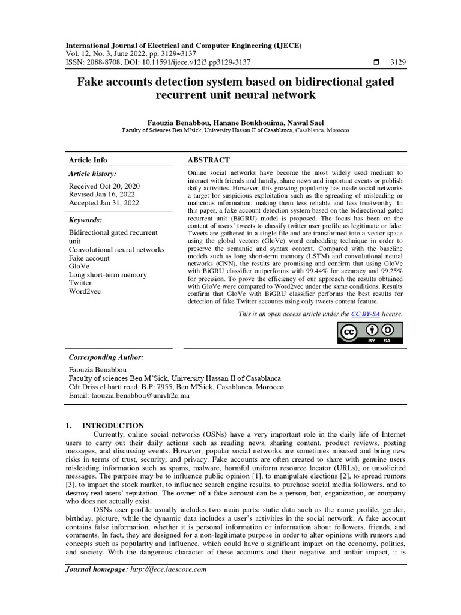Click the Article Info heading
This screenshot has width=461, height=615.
coord(88,160)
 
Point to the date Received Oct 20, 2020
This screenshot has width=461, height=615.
coord(104,186)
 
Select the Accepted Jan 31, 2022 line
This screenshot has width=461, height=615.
coord(103,203)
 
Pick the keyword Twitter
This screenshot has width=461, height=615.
coord(80,283)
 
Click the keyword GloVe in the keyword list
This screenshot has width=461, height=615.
coord(80,266)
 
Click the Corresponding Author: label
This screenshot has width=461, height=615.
coord(106,356)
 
